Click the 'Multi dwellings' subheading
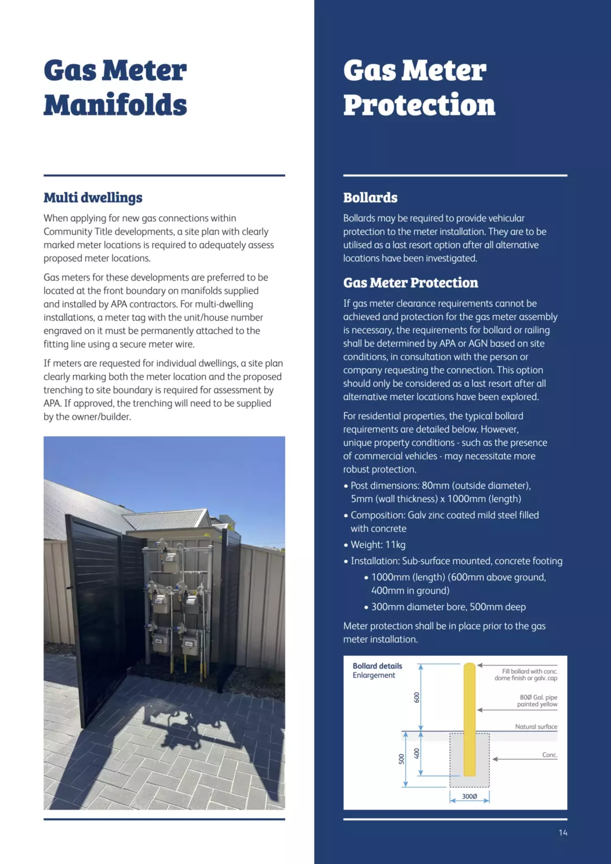click(x=93, y=198)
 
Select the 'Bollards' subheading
click(x=370, y=198)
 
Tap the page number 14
click(x=563, y=833)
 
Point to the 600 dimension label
click(x=417, y=697)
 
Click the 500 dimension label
click(x=401, y=759)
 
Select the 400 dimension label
click(x=417, y=754)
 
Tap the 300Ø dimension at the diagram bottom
click(x=469, y=797)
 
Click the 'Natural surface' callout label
click(x=536, y=727)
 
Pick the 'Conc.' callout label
click(x=549, y=755)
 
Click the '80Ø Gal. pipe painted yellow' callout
click(x=537, y=701)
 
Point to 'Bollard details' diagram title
click(x=377, y=666)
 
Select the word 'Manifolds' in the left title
click(x=115, y=105)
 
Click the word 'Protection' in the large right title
click(x=419, y=105)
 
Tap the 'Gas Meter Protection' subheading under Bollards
click(x=410, y=283)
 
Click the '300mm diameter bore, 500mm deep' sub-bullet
click(x=448, y=607)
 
